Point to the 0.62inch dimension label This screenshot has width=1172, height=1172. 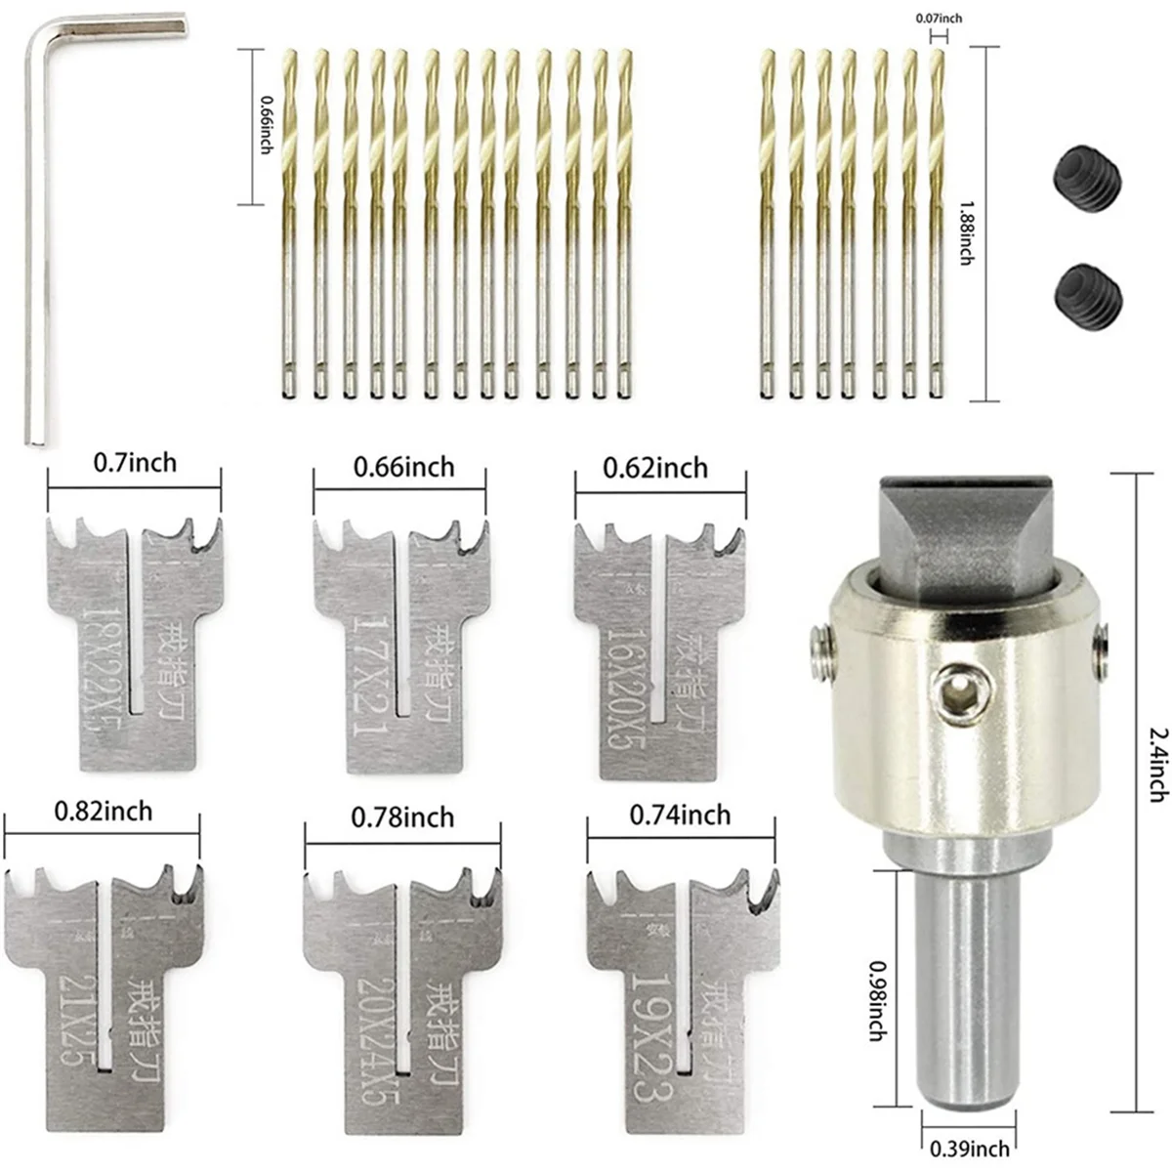pos(655,468)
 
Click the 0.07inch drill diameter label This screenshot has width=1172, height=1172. pos(937,18)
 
